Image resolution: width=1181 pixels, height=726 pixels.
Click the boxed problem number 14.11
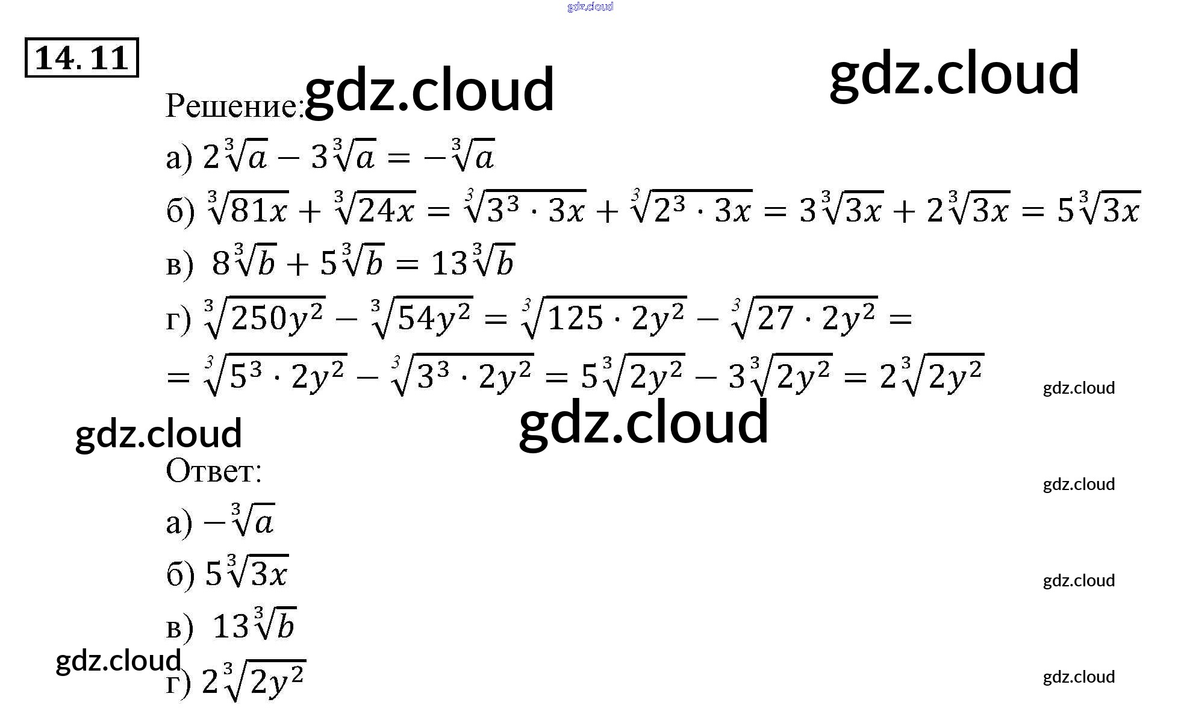81,58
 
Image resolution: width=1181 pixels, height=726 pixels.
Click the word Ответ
213,471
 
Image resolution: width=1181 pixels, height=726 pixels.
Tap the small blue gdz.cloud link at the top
590,7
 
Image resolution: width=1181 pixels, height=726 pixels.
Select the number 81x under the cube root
259,211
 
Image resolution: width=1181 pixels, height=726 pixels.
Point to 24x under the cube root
386,211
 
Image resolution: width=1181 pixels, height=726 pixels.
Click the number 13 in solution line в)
449,264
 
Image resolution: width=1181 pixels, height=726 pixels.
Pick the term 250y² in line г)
277,318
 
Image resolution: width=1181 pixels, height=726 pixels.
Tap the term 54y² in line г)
434,318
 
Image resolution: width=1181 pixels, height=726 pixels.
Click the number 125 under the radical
575,318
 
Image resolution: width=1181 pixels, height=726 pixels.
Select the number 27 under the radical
775,318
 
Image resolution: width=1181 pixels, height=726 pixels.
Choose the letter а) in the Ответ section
179,523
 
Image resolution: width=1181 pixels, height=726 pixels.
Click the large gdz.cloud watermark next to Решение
429,90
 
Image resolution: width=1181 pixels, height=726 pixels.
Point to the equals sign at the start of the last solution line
178,378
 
